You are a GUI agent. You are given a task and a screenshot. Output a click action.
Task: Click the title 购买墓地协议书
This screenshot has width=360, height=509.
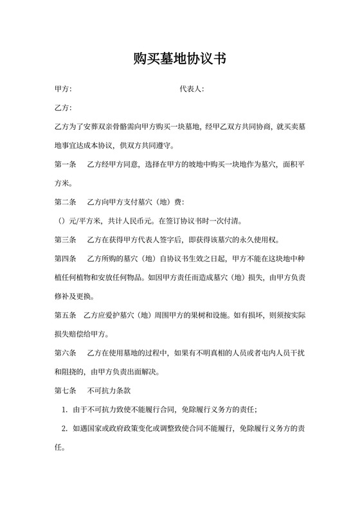click(179, 59)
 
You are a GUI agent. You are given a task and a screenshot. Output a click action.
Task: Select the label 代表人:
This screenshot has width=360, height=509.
click(192, 89)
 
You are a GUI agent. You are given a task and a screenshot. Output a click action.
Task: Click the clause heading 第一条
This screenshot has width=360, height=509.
click(66, 165)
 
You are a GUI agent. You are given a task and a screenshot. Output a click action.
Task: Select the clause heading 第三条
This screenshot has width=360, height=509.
click(66, 240)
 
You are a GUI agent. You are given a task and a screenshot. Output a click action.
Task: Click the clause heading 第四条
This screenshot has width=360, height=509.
click(66, 259)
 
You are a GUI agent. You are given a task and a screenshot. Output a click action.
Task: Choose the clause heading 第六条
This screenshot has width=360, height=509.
click(66, 353)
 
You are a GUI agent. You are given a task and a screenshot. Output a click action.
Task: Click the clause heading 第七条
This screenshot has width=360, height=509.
click(66, 391)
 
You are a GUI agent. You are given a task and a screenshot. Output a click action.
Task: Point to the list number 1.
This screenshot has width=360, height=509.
click(64, 409)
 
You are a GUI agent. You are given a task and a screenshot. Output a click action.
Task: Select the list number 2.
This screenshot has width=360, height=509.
click(64, 428)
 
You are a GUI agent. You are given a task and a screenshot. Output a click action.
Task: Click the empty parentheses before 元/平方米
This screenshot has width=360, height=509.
click(62, 221)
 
